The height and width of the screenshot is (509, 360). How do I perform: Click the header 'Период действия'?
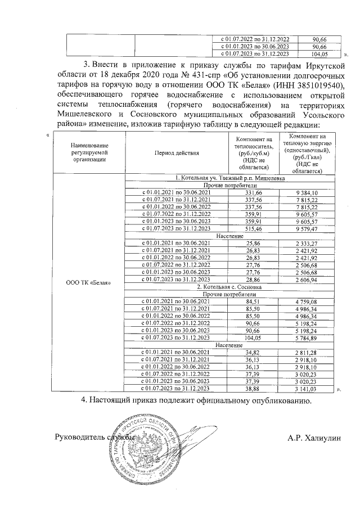(x=176, y=152)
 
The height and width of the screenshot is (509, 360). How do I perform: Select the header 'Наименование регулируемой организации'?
(x=88, y=152)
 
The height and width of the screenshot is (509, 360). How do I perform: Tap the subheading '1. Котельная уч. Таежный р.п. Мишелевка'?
(x=229, y=178)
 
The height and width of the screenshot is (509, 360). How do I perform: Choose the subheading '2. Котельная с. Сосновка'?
(x=229, y=287)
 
